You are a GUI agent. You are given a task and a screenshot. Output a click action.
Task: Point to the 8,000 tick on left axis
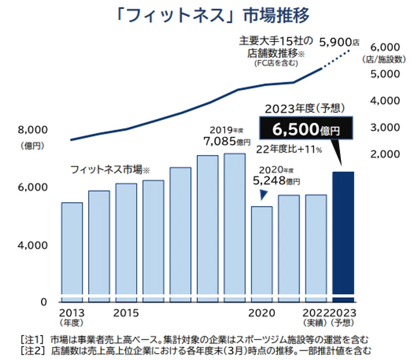click(x=32, y=130)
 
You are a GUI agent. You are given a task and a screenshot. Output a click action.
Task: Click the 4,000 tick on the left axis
click(x=32, y=245)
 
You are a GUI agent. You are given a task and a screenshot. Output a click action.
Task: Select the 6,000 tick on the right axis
click(x=384, y=48)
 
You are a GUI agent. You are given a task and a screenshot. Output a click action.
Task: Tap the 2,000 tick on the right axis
click(x=384, y=154)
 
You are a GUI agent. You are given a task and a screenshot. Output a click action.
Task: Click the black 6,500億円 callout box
click(x=305, y=130)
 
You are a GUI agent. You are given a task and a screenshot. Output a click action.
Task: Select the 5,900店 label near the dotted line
click(x=339, y=42)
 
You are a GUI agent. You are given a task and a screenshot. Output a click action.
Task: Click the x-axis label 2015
click(x=126, y=313)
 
